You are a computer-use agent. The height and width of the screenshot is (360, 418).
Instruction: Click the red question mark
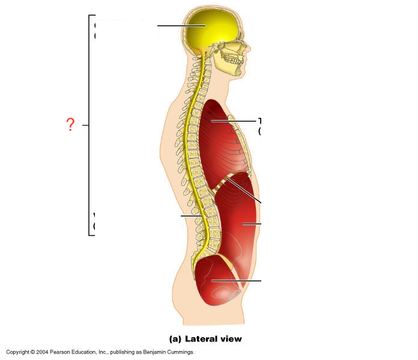click(70, 125)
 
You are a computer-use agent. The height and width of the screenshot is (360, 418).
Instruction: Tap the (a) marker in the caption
click(175, 339)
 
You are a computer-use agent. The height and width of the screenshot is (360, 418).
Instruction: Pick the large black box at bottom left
click(56, 289)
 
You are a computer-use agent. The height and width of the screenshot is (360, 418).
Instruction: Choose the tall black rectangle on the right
click(339, 180)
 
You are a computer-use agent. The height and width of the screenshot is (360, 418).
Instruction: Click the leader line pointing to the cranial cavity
click(174, 26)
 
